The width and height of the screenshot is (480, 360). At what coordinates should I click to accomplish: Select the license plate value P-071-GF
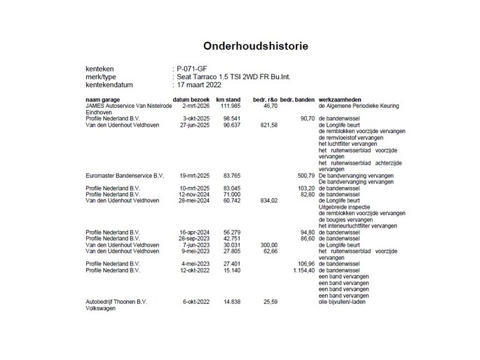coord(193,68)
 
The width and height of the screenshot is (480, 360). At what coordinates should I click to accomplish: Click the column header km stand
coord(228,101)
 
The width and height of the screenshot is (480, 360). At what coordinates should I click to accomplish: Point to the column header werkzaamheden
coord(341,101)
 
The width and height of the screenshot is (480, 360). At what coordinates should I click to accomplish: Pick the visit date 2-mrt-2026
coord(189,106)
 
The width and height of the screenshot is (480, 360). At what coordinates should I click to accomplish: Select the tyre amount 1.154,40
coord(301,269)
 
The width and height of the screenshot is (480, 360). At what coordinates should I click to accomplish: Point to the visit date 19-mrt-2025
coord(188,175)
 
